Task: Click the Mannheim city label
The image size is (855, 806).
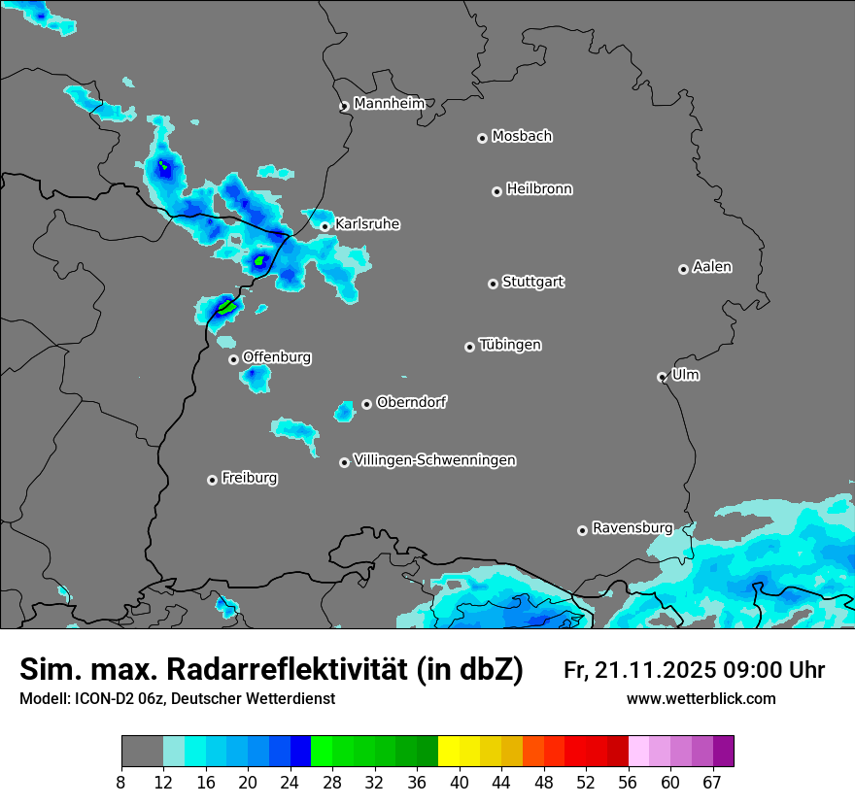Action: tap(389, 103)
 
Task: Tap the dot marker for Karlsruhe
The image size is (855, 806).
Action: tap(325, 226)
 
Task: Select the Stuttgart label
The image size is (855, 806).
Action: tap(532, 282)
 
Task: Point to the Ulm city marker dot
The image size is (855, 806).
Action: tap(662, 377)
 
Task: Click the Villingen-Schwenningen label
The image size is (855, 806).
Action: tap(434, 460)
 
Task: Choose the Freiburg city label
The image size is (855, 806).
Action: tap(249, 478)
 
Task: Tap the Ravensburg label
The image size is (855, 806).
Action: tap(632, 528)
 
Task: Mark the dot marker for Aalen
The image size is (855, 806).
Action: tap(683, 269)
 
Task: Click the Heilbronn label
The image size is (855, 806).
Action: tap(539, 189)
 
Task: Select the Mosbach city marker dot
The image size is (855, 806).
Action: tap(482, 138)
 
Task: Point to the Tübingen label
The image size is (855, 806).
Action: tap(510, 345)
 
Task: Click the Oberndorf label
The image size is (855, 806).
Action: tap(411, 402)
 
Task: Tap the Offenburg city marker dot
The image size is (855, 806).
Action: tap(233, 359)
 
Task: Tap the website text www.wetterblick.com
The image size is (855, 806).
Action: tap(701, 698)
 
